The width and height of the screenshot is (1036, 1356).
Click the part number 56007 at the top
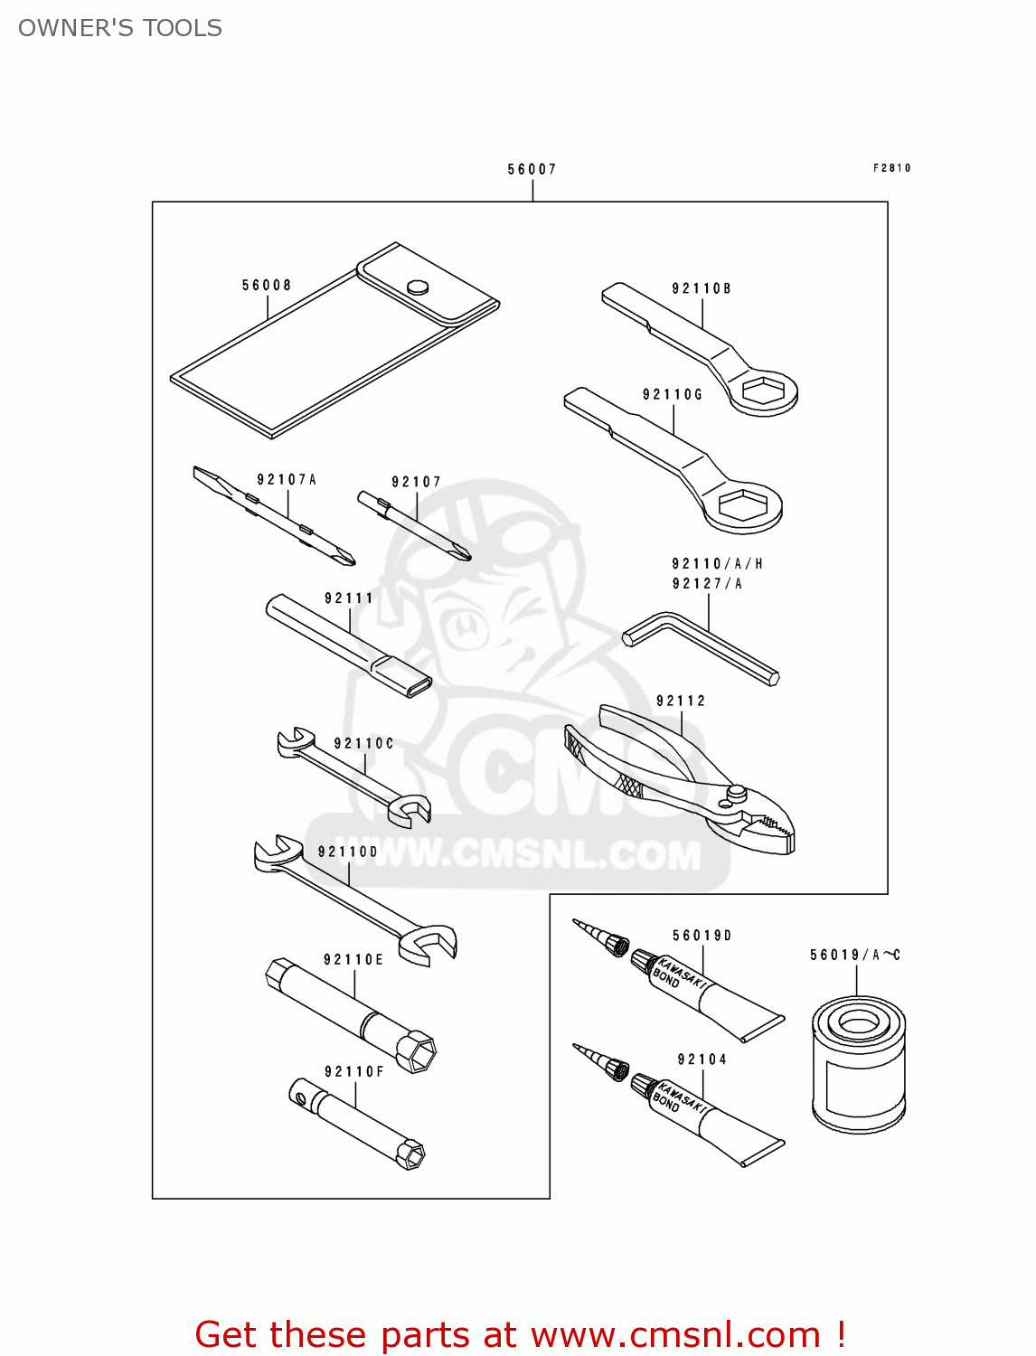(x=532, y=169)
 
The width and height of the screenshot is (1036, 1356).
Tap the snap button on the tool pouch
(x=418, y=287)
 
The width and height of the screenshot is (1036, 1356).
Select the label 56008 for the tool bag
(x=267, y=286)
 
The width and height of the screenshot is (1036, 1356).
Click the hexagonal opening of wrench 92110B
(x=763, y=391)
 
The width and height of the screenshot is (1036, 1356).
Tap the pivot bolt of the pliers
(x=737, y=793)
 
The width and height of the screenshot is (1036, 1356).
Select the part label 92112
(x=681, y=701)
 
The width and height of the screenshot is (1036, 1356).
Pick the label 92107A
(x=287, y=480)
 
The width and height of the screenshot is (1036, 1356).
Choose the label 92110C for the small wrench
(x=363, y=744)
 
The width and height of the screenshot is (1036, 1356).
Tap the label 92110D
(x=348, y=852)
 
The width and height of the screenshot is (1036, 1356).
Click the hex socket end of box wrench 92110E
(x=416, y=1052)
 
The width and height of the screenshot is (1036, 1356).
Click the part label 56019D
(x=702, y=936)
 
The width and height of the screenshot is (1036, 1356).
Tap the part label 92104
(x=702, y=1059)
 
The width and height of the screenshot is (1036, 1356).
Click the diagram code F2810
(x=891, y=168)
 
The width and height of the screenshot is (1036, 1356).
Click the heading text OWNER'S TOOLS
(x=120, y=28)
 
